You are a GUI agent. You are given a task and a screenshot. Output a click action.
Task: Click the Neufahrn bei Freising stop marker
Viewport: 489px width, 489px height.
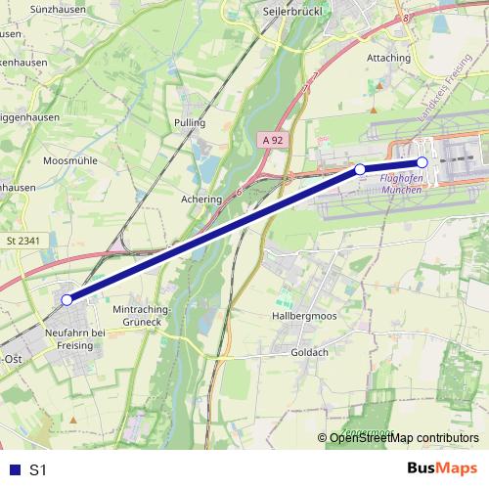(67, 300)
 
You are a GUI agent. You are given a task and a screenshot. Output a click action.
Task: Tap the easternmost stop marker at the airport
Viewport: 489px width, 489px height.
(422, 162)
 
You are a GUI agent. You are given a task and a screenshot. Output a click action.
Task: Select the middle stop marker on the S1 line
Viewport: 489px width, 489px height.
(360, 169)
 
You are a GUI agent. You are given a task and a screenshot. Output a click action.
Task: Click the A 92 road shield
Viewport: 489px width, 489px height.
(273, 141)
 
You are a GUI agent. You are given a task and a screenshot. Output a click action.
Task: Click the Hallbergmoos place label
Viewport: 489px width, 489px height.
(304, 317)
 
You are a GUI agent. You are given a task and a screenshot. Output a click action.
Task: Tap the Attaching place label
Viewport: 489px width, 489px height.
(388, 58)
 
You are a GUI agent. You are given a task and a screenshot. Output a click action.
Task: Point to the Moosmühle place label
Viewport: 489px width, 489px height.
(67, 158)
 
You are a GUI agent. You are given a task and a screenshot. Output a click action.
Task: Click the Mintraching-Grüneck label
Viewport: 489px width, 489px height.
(144, 315)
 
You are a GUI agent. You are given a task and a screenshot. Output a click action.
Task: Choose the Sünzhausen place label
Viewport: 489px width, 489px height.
(27, 7)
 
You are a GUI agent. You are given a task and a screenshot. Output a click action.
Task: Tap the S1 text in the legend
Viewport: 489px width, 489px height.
(38, 469)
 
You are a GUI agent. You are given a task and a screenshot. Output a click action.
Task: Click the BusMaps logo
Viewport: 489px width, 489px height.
(442, 468)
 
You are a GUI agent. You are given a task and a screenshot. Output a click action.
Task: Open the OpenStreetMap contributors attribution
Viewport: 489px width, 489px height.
(403, 437)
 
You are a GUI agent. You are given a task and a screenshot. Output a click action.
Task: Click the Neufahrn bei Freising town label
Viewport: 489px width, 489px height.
(83, 338)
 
